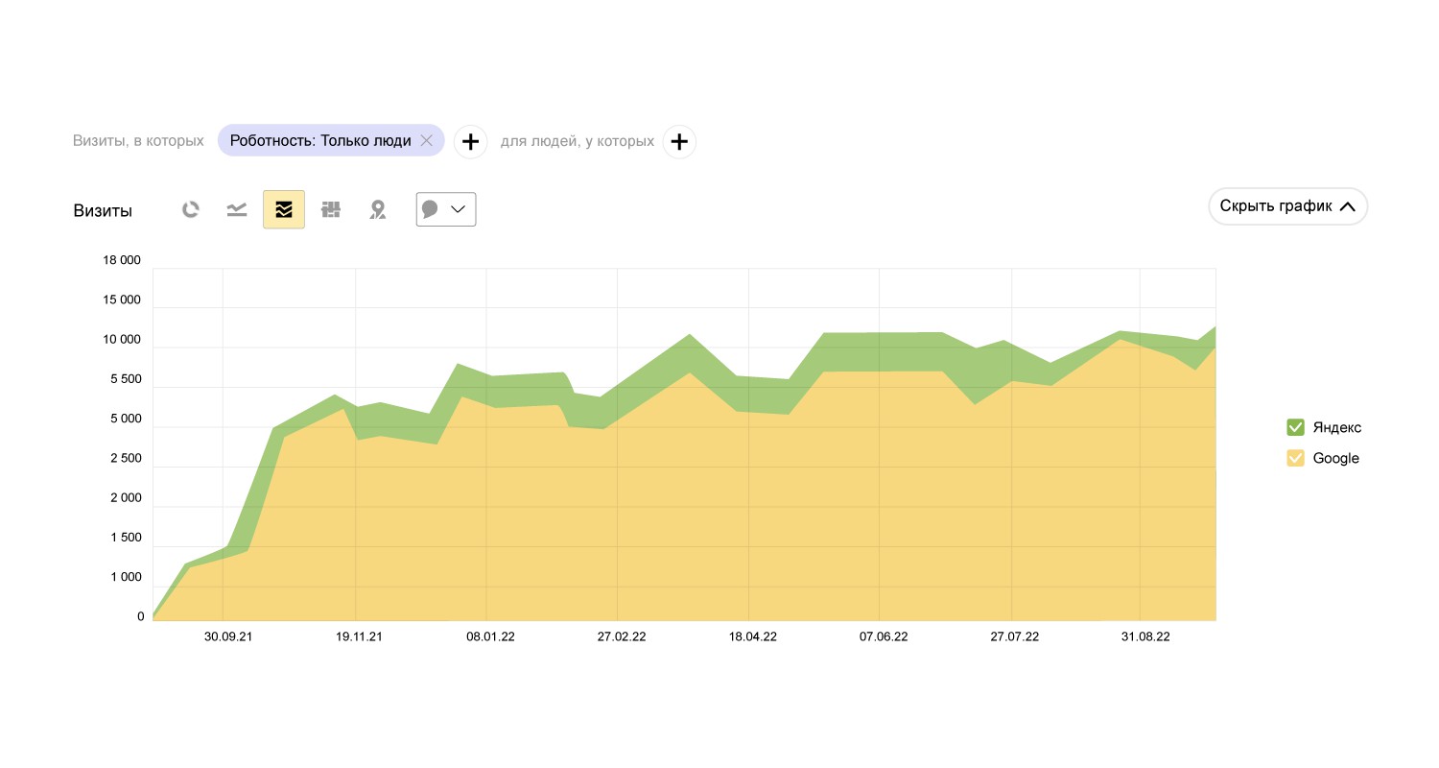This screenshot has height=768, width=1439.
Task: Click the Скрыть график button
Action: [1287, 206]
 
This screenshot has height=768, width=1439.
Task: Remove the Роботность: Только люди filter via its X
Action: [427, 141]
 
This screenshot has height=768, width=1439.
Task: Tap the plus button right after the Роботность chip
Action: [470, 142]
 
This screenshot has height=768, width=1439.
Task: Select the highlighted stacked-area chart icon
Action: [284, 209]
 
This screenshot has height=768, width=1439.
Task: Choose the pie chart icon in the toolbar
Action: [191, 209]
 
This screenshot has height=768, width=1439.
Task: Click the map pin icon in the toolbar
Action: [378, 209]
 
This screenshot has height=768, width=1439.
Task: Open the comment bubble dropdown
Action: [446, 209]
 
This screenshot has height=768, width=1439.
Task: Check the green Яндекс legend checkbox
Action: [1295, 427]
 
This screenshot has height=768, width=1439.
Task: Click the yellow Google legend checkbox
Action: [1295, 458]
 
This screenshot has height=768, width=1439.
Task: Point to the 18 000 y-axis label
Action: [122, 260]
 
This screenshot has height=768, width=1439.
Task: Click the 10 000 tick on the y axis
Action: [122, 340]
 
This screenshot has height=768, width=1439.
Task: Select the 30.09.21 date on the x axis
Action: [228, 636]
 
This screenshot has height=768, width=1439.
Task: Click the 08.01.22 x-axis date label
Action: [490, 636]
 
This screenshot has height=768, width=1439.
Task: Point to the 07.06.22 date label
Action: [884, 636]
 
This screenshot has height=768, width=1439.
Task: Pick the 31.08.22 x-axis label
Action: [1145, 636]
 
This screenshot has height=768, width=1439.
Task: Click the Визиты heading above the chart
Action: [103, 211]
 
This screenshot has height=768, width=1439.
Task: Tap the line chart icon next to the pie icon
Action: [237, 209]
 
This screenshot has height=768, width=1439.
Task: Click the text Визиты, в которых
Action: [138, 141]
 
